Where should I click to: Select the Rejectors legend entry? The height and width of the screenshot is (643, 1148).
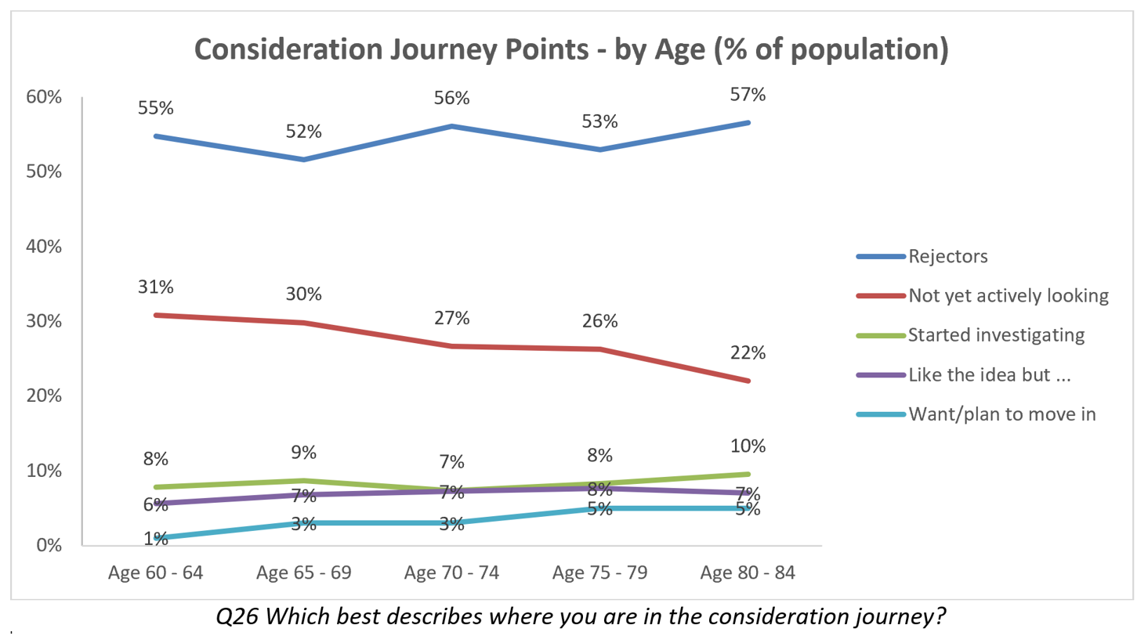(x=947, y=256)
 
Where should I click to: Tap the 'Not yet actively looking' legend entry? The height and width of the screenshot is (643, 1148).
(x=1008, y=296)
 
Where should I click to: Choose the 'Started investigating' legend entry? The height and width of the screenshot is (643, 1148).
(x=996, y=335)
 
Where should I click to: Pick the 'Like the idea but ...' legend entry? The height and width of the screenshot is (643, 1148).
(x=989, y=375)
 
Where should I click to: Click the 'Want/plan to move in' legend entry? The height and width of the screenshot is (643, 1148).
(x=1001, y=414)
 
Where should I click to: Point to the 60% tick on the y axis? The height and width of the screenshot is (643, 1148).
(x=44, y=97)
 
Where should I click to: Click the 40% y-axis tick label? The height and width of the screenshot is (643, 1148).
(x=44, y=247)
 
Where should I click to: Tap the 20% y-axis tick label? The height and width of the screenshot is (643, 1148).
(x=44, y=396)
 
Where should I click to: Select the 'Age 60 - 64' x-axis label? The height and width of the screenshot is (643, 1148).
(x=155, y=573)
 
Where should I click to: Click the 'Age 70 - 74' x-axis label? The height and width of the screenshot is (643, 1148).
(x=451, y=573)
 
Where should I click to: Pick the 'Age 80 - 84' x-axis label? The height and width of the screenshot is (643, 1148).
(x=748, y=573)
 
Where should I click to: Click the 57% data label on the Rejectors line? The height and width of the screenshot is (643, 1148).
(x=748, y=95)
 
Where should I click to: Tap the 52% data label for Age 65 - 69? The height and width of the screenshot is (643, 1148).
(x=303, y=132)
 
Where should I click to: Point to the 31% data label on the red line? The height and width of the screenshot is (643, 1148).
(x=155, y=287)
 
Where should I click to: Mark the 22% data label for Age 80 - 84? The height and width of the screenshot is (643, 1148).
(x=748, y=353)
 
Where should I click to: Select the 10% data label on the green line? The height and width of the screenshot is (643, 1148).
(x=748, y=446)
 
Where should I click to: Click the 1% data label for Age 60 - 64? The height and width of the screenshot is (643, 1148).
(x=155, y=539)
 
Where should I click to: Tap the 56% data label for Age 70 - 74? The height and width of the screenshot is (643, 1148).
(x=451, y=98)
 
